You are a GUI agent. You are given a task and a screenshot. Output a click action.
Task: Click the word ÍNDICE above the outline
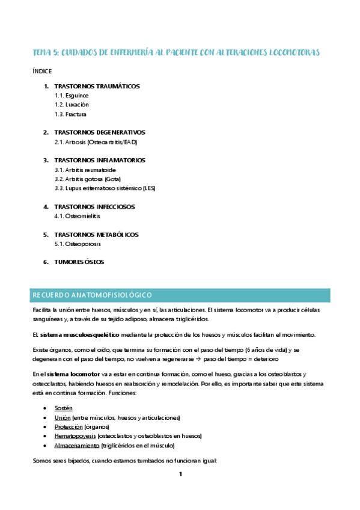pyautogui.click(x=42, y=71)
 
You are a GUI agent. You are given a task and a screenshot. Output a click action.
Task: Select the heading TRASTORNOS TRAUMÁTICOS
pyautogui.click(x=96, y=86)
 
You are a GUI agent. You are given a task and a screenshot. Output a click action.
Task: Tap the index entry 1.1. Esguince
pyautogui.click(x=72, y=96)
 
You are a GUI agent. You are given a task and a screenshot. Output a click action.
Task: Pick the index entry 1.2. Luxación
pyautogui.click(x=72, y=105)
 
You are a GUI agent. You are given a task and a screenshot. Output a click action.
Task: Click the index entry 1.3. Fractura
pyautogui.click(x=70, y=114)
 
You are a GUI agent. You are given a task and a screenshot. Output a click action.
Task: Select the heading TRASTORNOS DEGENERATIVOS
pyautogui.click(x=99, y=132)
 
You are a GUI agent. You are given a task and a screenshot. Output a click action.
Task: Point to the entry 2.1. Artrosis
pyautogui.click(x=96, y=142)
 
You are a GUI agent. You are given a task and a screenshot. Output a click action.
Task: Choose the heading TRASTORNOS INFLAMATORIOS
pyautogui.click(x=99, y=161)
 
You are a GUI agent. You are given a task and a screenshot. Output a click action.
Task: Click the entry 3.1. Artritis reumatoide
pyautogui.click(x=85, y=170)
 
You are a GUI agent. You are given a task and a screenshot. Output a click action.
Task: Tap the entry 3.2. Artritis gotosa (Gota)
pyautogui.click(x=88, y=179)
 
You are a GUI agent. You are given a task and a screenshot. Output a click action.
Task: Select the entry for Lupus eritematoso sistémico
pyautogui.click(x=105, y=188)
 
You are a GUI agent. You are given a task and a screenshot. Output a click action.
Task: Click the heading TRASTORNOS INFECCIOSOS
pyautogui.click(x=94, y=207)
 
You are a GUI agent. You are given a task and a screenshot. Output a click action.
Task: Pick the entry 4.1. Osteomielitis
pyautogui.click(x=77, y=216)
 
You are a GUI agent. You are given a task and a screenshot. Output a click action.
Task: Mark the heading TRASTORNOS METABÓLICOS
pyautogui.click(x=96, y=235)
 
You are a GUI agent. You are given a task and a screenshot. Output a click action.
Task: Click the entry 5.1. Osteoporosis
pyautogui.click(x=78, y=244)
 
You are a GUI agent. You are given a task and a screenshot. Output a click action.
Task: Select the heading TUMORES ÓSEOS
pyautogui.click(x=79, y=262)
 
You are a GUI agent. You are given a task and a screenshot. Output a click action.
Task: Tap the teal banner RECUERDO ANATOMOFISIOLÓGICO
pyautogui.click(x=180, y=295)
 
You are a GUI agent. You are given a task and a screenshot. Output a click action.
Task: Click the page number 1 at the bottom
pyautogui.click(x=180, y=475)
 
